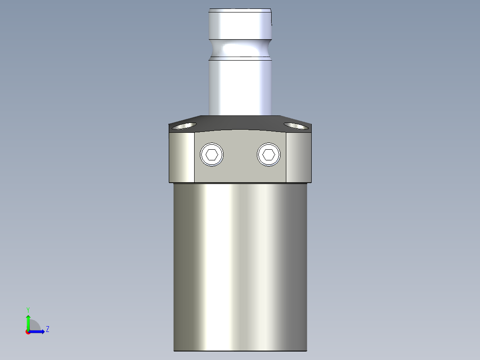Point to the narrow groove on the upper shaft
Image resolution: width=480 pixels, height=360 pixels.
(x=240, y=49)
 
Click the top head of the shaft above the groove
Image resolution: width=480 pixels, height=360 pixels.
(x=240, y=25)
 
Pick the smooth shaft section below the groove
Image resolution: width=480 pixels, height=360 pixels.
(x=240, y=85)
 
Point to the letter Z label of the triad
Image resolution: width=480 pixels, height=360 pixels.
(x=47, y=329)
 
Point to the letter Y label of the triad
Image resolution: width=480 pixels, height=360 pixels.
(x=28, y=309)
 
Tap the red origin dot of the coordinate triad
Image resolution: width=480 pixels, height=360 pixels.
(x=28, y=332)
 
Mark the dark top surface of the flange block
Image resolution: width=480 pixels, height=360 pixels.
(x=240, y=122)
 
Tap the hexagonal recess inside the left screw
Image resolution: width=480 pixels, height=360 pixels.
(x=212, y=155)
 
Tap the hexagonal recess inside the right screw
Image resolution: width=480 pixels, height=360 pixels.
(x=268, y=155)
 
